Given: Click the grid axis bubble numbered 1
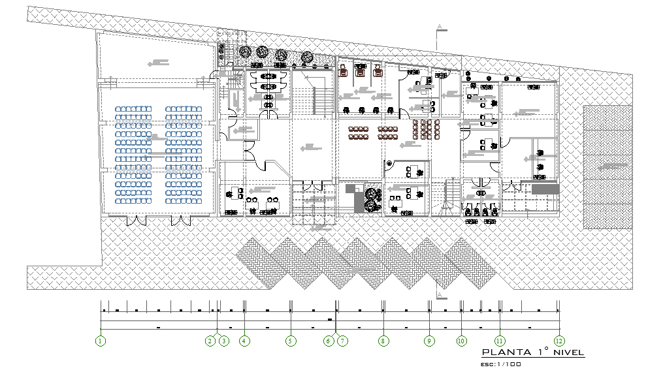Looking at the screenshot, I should pos(101,341).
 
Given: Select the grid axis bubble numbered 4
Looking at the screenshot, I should pos(244,341).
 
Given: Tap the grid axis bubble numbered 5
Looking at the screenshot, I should pos(291,341).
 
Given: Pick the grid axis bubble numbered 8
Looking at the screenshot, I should pos(383,341).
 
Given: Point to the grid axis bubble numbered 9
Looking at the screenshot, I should pos(429,341).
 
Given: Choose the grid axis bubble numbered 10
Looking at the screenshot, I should pos(461,341).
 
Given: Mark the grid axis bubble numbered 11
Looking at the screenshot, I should pos(500,341).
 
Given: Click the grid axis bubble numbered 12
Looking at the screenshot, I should pos(559,341).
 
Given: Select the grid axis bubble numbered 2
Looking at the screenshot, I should pos(210,341).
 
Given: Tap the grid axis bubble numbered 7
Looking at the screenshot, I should pos(342,341).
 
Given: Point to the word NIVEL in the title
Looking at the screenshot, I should pos(568,352).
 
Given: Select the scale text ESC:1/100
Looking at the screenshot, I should pos(500,364).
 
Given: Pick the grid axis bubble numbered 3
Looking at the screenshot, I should pos(224,341).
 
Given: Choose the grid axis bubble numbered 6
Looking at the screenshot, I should pos(329,341).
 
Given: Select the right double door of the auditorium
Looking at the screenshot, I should pos(181,221).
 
